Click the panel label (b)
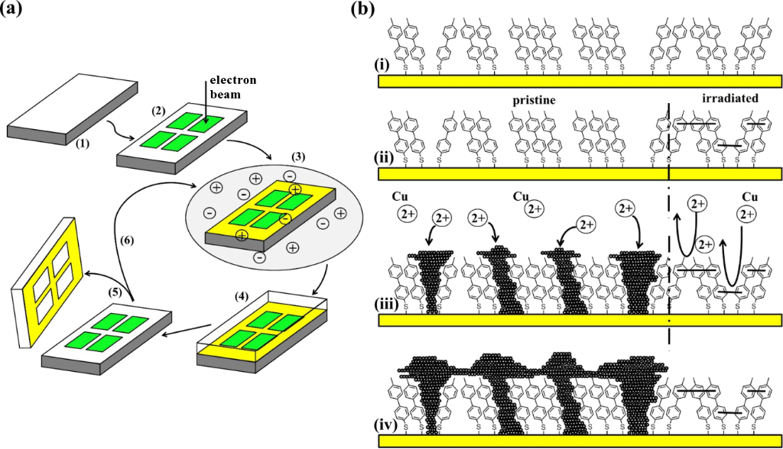point(363,9)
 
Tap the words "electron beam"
point(232,87)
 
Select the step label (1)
point(83,144)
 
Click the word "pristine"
point(534,100)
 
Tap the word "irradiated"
point(730,99)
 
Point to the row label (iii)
point(387,303)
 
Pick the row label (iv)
point(386,425)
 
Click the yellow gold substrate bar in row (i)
point(580,81)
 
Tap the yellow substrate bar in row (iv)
point(580,441)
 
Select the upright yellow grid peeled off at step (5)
point(48,281)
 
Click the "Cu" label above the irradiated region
point(749,197)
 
